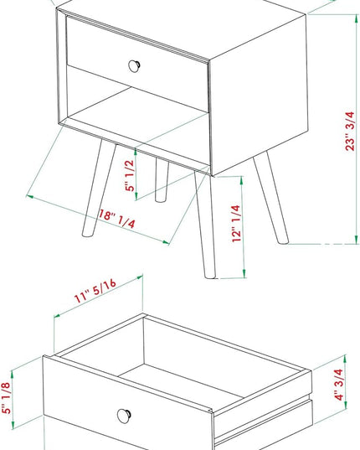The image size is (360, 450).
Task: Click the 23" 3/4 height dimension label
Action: click(x=350, y=131)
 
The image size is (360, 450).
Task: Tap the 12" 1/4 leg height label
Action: click(x=236, y=224)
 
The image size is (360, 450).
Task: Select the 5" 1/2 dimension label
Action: click(x=130, y=175)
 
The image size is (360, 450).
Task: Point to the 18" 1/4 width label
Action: click(x=116, y=219)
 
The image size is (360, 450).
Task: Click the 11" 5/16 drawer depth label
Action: click(x=95, y=291)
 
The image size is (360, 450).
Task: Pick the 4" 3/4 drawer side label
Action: click(x=339, y=385)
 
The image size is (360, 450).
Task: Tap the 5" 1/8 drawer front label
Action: click(x=6, y=397)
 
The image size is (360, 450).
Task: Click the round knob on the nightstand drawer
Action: click(x=134, y=66)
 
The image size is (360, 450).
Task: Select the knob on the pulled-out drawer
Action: click(x=125, y=416)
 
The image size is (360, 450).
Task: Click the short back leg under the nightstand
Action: click(x=162, y=179)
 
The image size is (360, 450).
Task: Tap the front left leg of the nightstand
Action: click(x=99, y=188)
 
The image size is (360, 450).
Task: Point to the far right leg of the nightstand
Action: click(x=271, y=198)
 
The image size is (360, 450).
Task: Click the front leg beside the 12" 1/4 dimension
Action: click(x=205, y=225)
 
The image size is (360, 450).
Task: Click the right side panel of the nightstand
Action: click(x=259, y=95)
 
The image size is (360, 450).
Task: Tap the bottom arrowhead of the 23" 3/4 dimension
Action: click(x=357, y=240)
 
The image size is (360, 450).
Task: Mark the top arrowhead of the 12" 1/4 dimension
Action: click(x=242, y=180)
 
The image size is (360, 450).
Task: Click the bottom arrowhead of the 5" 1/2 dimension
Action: click(x=136, y=196)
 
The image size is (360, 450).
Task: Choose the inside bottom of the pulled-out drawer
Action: click(x=181, y=381)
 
